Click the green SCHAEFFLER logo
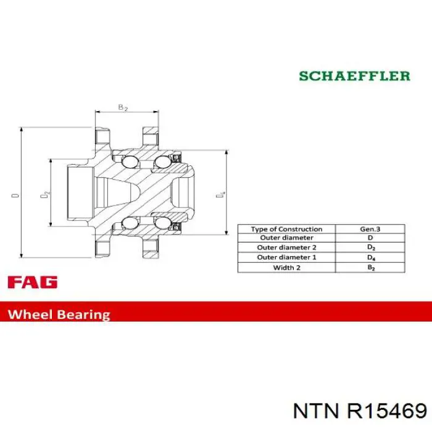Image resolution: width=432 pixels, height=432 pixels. (x=355, y=76)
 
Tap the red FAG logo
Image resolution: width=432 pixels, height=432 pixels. (x=33, y=282)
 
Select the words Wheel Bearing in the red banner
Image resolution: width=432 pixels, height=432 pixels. (x=59, y=314)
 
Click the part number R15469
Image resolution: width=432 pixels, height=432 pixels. (x=387, y=412)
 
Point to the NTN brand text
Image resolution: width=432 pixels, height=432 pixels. (x=315, y=412)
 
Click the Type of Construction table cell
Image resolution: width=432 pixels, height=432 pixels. (x=286, y=229)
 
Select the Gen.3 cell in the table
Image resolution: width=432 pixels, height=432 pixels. (x=370, y=229)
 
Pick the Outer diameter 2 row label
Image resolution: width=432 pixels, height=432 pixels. (x=286, y=247)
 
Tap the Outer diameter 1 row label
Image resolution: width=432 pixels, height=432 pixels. (x=286, y=257)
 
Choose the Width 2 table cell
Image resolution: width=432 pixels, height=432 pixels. (x=286, y=267)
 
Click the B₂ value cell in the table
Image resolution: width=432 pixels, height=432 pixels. (x=371, y=267)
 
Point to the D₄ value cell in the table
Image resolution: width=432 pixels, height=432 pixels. (x=371, y=257)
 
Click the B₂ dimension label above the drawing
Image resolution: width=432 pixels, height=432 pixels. (x=123, y=107)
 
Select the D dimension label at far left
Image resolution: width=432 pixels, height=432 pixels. (x=15, y=196)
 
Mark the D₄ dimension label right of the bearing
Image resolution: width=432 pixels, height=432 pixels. (x=220, y=194)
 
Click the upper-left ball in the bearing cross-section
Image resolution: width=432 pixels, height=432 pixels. (x=130, y=162)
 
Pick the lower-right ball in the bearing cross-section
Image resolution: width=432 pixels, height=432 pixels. (x=162, y=223)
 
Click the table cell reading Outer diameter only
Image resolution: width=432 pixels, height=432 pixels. (x=286, y=238)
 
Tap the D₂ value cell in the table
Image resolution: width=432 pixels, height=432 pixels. (x=371, y=247)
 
